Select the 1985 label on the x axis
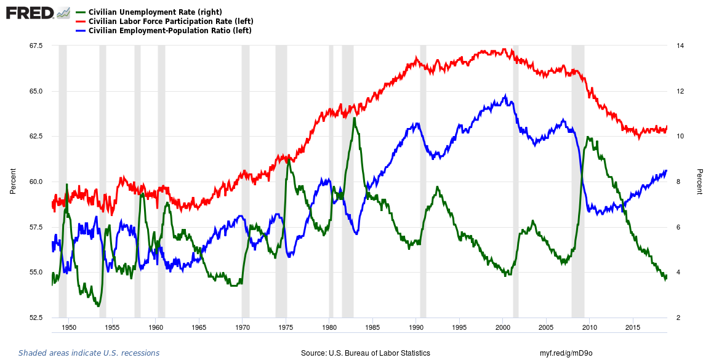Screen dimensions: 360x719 (x=372, y=328)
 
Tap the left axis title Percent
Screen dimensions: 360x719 (x=13, y=182)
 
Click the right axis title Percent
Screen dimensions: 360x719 (x=700, y=182)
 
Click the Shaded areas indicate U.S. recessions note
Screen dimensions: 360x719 (x=89, y=353)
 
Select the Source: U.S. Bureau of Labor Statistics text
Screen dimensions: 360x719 (x=365, y=353)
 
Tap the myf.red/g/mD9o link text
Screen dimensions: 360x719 (x=566, y=353)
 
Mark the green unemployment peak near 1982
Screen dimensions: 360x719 (x=354, y=118)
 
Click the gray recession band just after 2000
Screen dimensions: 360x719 (x=516, y=185)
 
